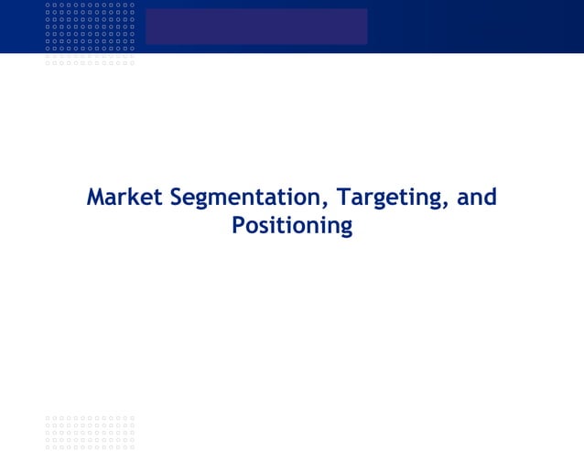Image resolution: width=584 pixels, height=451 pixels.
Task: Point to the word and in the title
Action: (x=477, y=198)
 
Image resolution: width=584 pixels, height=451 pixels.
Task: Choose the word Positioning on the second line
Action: (x=292, y=225)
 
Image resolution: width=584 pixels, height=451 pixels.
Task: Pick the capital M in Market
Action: (x=95, y=198)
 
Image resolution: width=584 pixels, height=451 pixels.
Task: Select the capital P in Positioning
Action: (x=239, y=225)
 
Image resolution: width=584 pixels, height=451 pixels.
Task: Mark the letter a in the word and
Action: (x=463, y=199)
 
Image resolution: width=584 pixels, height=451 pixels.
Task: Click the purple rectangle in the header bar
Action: (x=255, y=27)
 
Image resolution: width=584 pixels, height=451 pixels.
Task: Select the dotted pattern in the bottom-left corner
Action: (x=90, y=433)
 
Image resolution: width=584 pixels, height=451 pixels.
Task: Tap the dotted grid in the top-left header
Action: (x=90, y=33)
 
